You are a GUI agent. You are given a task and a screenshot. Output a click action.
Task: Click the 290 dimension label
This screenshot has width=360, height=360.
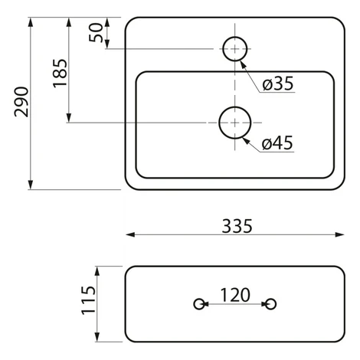21,102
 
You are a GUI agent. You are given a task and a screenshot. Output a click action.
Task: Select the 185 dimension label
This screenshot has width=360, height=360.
61,74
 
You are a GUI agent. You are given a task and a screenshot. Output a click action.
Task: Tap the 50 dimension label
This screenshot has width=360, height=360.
96,32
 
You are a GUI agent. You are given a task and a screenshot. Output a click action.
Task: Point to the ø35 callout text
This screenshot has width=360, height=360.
278,83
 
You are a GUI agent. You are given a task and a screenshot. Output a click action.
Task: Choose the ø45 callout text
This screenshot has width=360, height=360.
277,142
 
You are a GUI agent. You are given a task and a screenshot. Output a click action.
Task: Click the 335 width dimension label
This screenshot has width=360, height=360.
237,226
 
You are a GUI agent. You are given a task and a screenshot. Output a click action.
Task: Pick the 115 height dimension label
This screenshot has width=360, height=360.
88,300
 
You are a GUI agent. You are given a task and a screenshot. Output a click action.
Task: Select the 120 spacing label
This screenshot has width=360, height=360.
235,295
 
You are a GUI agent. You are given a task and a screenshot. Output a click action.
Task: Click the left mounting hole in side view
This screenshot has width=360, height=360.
199,299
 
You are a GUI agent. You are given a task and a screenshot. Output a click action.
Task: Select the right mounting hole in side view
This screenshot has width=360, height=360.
270,299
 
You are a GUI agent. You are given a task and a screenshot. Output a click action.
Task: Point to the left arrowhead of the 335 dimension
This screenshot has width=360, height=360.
130,234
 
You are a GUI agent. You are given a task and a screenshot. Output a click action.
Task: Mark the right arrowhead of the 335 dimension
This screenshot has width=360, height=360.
339,234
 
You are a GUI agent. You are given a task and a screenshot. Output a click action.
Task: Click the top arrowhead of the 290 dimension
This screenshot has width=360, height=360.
31,22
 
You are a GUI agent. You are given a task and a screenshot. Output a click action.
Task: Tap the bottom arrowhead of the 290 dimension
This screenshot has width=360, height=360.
31,185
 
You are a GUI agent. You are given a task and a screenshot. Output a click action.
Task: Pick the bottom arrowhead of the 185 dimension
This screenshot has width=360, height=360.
68,118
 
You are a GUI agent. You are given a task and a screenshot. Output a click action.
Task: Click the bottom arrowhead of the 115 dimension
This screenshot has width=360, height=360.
97,337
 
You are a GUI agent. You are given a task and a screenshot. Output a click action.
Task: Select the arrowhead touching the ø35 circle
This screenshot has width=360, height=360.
243,64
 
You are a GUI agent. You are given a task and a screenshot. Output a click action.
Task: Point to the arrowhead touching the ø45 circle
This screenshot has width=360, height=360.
246,141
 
